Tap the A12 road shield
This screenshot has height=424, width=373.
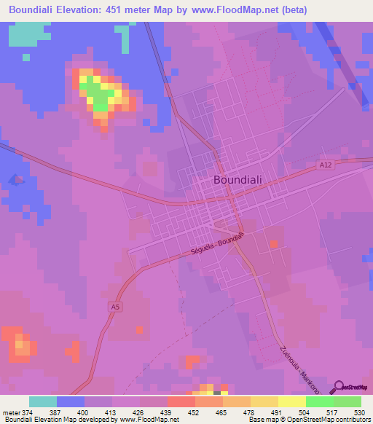[x=325, y=166]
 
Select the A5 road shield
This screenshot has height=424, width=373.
[x=115, y=307]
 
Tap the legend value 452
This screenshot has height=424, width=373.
[x=195, y=412]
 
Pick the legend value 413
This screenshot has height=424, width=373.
[x=111, y=412]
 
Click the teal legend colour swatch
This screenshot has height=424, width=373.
[x=42, y=402]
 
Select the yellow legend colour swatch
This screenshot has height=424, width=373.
[x=291, y=402]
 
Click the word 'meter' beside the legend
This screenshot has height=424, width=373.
[x=10, y=412]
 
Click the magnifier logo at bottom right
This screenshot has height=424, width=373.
[x=338, y=387]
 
